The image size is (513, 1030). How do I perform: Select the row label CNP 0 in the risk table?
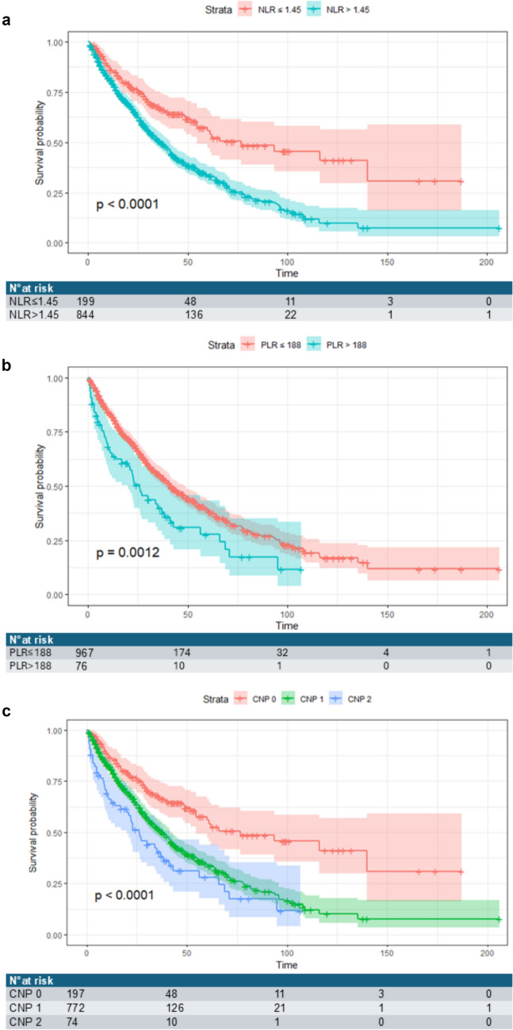(x=25, y=994)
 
